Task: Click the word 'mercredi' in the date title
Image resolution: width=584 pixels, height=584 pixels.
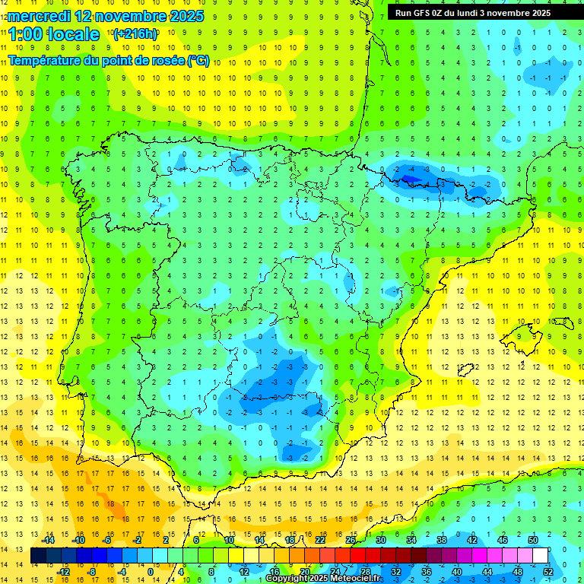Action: [x=40, y=16]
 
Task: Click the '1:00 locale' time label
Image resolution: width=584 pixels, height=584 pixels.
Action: [x=54, y=34]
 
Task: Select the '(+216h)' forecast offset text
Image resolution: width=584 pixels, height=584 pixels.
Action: [x=135, y=34]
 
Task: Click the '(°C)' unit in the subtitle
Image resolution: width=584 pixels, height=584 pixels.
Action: [x=198, y=60]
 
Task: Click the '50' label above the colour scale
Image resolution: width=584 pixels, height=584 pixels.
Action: [x=532, y=540]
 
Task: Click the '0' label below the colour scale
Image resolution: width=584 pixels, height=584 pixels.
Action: [x=151, y=572]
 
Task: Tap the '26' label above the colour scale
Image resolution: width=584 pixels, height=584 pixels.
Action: [x=350, y=540]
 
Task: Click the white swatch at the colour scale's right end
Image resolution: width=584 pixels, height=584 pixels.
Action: [x=540, y=556]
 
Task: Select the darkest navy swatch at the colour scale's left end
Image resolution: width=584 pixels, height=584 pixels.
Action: [x=38, y=556]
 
